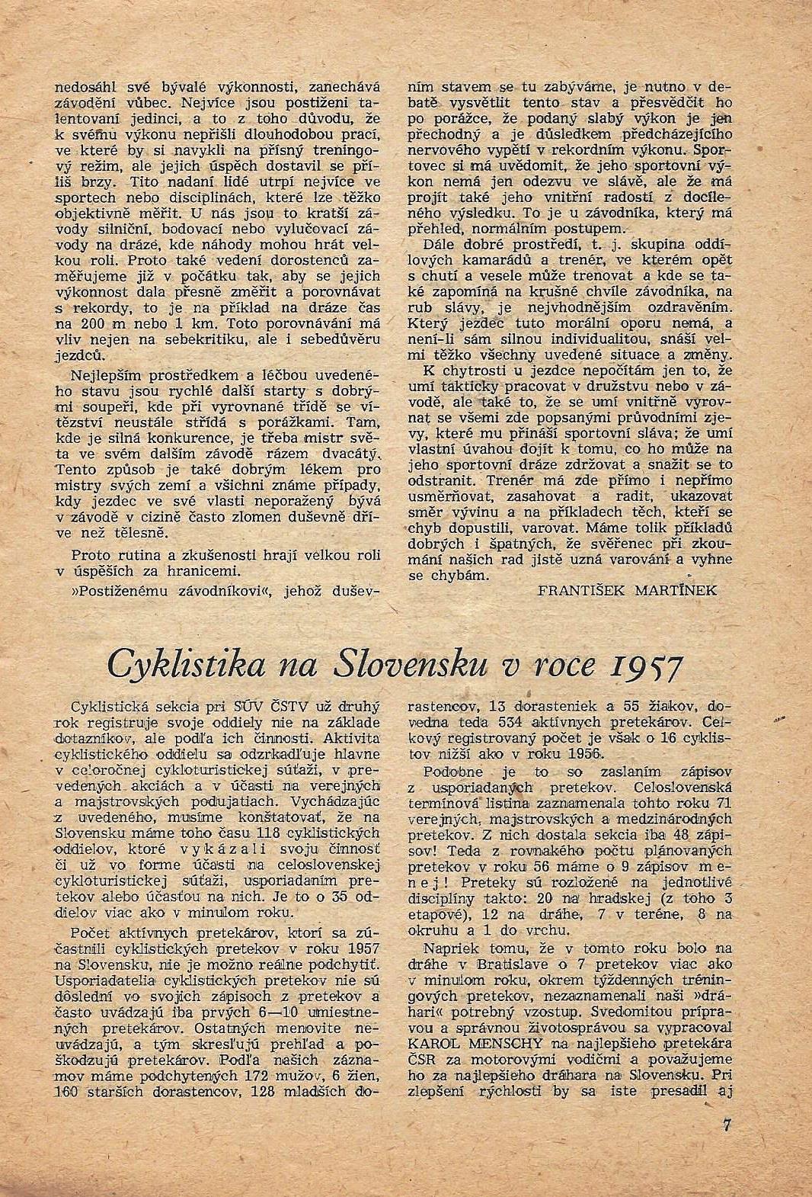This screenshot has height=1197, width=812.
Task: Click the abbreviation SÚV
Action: (248, 705)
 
